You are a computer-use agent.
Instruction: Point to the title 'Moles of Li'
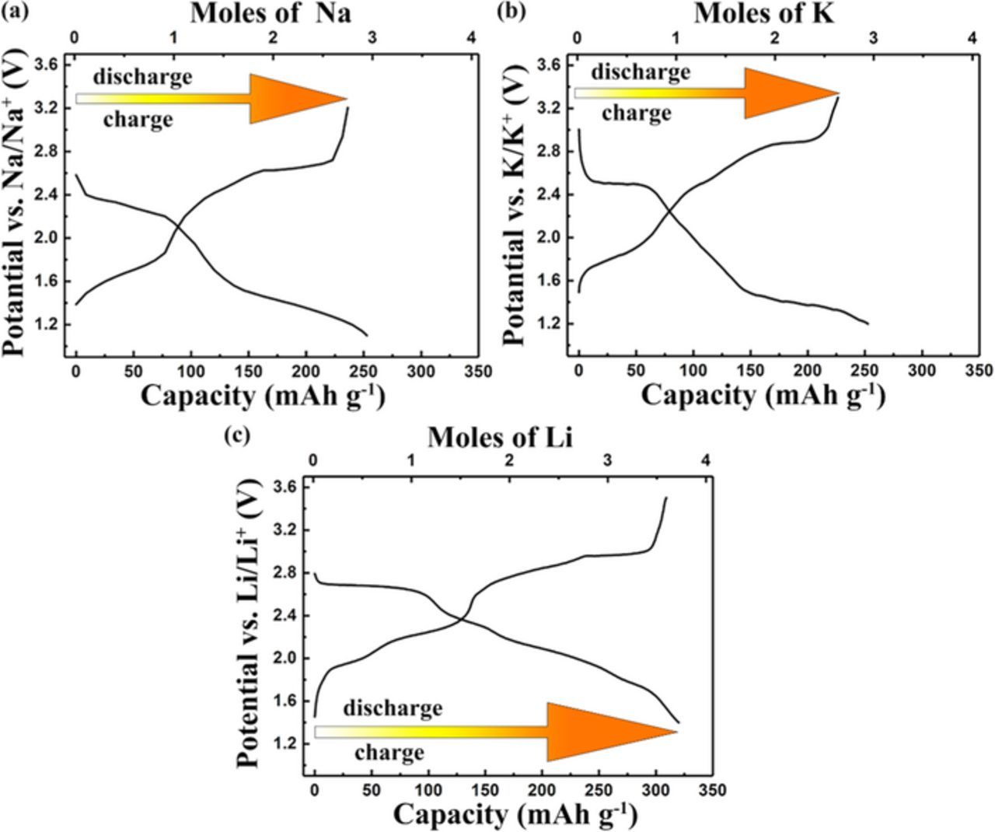[x=500, y=438]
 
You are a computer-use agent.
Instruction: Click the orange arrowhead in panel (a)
[x=295, y=99]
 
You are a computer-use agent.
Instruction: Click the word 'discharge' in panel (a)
[x=142, y=77]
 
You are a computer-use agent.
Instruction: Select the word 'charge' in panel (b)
[x=636, y=114]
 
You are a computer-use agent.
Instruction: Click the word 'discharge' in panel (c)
[x=393, y=708]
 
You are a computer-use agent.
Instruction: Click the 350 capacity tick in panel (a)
[x=477, y=372]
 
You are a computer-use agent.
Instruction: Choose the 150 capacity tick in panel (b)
[x=750, y=372]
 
